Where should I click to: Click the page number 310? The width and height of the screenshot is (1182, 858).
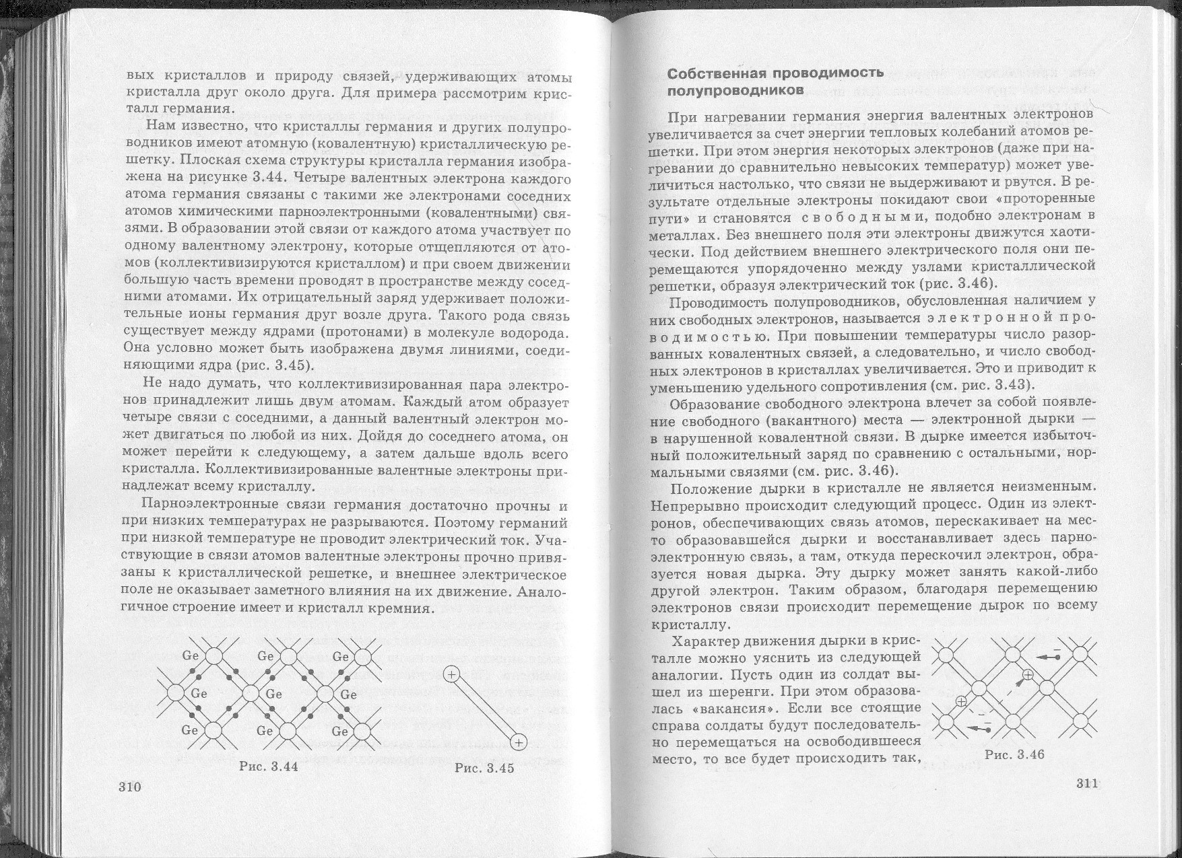tap(129, 788)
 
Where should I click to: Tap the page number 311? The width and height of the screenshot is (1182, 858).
tap(1087, 783)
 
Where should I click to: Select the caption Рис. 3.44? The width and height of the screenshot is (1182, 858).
tap(269, 766)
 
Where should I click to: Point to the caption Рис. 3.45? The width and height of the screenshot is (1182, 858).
tap(484, 768)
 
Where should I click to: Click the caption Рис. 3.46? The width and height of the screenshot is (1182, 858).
tap(1014, 754)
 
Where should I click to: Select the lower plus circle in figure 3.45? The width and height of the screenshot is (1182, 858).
tap(519, 742)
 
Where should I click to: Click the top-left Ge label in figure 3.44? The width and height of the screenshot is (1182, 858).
tap(191, 655)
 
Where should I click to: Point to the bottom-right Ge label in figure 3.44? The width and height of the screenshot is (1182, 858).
tap(340, 731)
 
